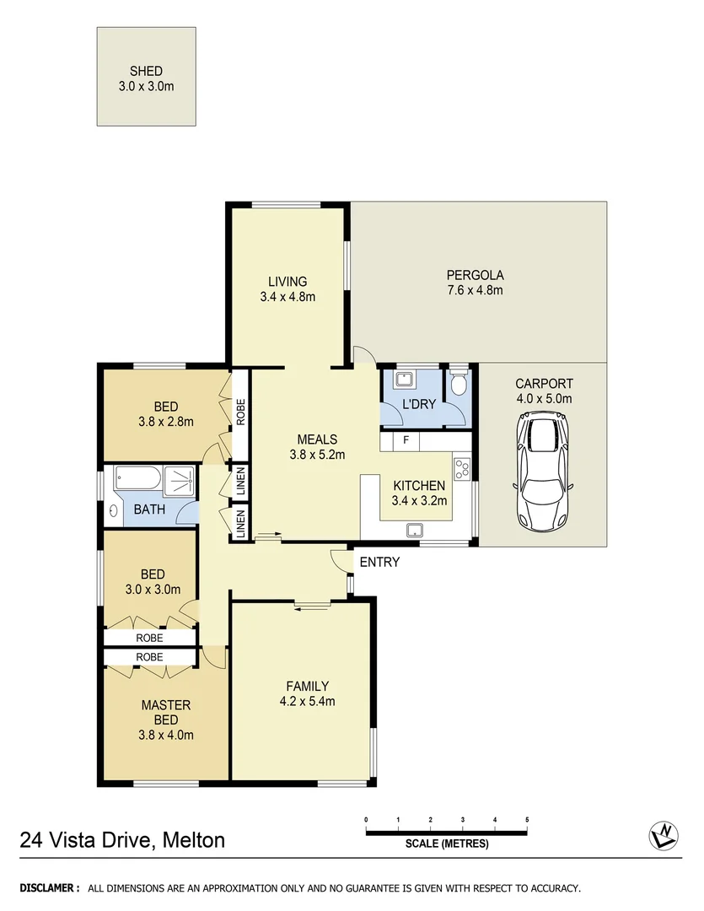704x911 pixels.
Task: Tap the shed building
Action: (147, 78)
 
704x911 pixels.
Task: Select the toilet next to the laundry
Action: (459, 385)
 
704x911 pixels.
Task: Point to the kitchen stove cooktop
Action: (462, 469)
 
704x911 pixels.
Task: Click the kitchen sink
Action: (414, 530)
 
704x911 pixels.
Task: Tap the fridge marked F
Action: (406, 440)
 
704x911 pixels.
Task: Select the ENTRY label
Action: (379, 562)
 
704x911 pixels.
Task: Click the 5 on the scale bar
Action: (527, 819)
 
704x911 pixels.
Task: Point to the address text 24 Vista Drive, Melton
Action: (123, 839)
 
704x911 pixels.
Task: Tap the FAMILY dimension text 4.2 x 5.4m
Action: (307, 701)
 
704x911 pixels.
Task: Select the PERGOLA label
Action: (475, 275)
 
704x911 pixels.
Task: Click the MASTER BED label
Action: (165, 712)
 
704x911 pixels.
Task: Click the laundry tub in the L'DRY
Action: (403, 379)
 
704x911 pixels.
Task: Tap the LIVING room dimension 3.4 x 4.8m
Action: (288, 297)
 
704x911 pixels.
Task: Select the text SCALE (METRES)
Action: (446, 843)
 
